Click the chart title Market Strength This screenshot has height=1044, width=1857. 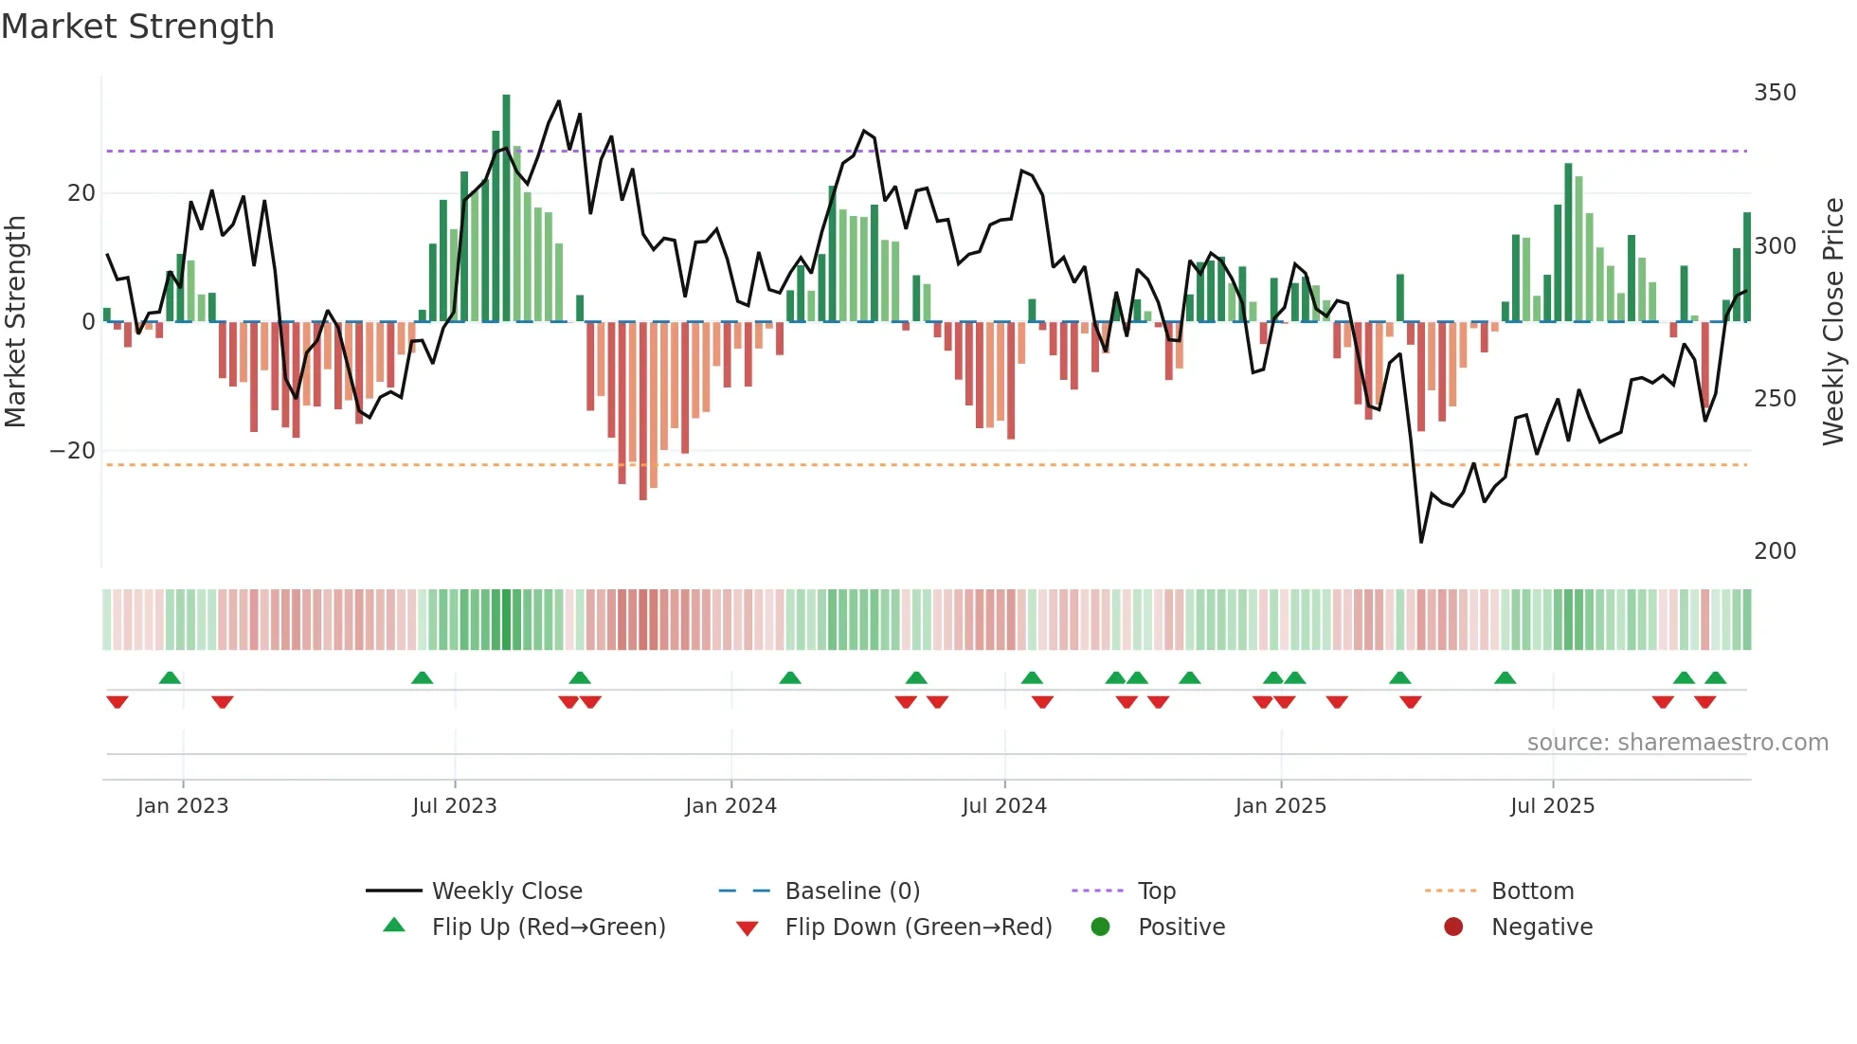137,27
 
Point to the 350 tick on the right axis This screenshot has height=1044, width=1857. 1775,93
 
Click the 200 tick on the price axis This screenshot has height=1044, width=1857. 1775,551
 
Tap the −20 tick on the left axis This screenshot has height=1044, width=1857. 73,451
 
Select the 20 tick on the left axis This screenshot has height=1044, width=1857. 81,193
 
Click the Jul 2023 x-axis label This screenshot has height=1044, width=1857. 454,806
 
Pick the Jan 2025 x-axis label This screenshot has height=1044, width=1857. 1280,806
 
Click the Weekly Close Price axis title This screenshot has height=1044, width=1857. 1833,322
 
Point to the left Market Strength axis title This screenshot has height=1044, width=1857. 15,322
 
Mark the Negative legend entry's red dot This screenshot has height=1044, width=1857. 1453,927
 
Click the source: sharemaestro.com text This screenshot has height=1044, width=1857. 1677,743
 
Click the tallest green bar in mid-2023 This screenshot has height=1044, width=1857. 506,208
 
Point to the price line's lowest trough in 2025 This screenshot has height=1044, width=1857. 1421,542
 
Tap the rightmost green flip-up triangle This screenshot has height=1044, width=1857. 1715,678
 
